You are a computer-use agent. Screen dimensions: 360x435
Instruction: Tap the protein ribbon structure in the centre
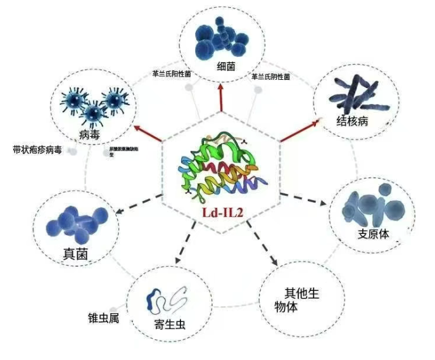[219, 166]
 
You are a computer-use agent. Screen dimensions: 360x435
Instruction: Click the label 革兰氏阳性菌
[171, 74]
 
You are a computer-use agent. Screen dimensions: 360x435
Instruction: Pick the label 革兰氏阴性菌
[270, 77]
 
